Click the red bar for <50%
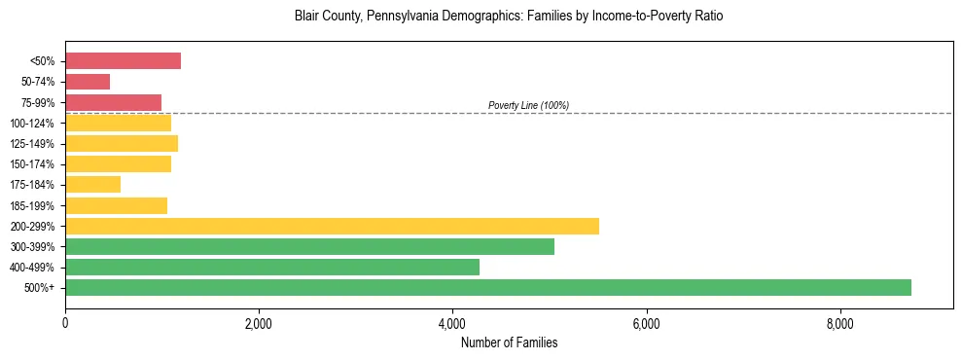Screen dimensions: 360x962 (123, 61)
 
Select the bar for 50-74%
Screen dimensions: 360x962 (88, 82)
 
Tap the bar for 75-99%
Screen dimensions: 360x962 (113, 102)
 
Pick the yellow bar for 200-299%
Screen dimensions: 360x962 (332, 226)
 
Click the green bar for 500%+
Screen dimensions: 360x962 (487, 287)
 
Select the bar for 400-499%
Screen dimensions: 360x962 (272, 267)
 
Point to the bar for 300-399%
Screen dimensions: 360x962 (309, 246)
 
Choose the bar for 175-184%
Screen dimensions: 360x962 (92, 185)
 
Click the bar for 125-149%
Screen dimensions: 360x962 (122, 144)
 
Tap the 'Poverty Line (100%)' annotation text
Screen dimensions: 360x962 (528, 105)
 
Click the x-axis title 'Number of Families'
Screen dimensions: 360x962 (509, 342)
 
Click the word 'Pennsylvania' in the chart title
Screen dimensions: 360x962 (399, 17)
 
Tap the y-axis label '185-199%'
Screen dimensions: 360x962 (32, 205)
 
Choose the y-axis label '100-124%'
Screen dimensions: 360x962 (32, 124)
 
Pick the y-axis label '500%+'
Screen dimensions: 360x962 (39, 288)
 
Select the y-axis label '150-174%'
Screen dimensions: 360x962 (32, 164)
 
